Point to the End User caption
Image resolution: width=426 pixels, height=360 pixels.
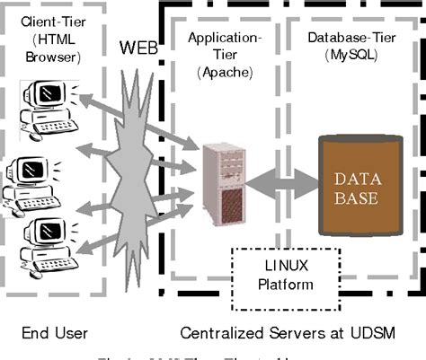pos(55,333)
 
